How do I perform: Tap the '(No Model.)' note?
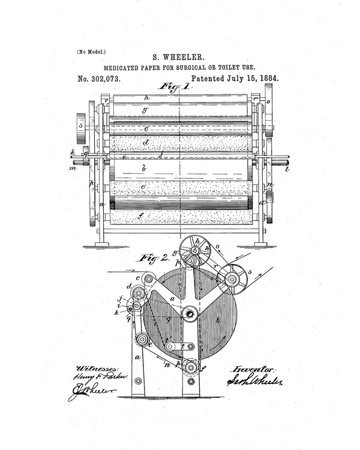click(x=91, y=52)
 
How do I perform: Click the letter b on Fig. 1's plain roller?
click(x=144, y=169)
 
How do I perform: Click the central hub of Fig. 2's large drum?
click(x=190, y=313)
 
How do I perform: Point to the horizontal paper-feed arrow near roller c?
click(x=121, y=271)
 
